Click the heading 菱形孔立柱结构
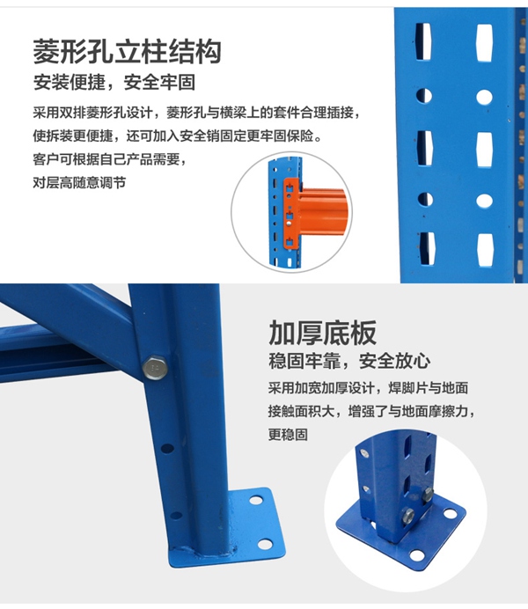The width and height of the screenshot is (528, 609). [127, 51]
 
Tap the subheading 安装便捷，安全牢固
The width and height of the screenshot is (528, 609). [114, 83]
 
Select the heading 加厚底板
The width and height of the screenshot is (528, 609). [323, 333]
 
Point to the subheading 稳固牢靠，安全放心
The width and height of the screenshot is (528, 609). [349, 361]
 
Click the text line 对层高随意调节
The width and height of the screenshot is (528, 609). [79, 182]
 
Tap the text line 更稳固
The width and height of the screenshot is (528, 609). [288, 435]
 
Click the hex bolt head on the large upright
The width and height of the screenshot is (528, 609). [155, 368]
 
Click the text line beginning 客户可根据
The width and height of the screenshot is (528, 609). [110, 159]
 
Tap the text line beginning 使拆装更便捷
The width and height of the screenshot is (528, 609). [178, 136]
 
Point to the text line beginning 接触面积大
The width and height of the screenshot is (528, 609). [371, 411]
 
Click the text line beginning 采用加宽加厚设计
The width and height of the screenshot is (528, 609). [368, 388]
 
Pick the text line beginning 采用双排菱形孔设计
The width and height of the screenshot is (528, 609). [196, 113]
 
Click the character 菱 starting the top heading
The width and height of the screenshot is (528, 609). [46, 51]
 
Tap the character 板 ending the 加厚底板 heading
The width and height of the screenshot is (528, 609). [363, 333]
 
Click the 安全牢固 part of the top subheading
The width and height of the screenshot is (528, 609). [159, 83]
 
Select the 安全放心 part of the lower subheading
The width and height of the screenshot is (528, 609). [395, 361]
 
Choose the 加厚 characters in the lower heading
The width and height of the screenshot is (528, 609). [296, 333]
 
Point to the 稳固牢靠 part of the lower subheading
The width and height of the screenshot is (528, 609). [304, 361]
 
